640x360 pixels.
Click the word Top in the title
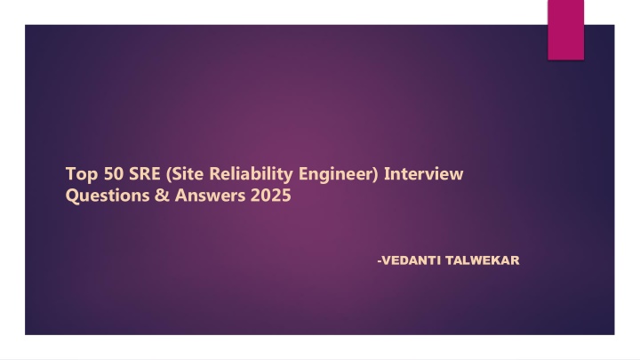(82, 175)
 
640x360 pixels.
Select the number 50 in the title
(114, 174)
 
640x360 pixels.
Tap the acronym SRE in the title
(145, 174)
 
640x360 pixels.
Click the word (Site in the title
(185, 174)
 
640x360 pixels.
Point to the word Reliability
(251, 174)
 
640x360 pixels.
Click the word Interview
(424, 173)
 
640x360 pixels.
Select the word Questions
(108, 196)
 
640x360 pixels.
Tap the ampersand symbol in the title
(162, 196)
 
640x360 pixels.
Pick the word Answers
(210, 196)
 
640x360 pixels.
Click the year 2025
(270, 196)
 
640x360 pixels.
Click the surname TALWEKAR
(483, 260)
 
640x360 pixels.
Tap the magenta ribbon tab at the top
(565, 30)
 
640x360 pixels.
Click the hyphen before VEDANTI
(380, 261)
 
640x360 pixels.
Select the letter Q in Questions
(72, 196)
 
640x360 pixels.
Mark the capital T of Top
(70, 174)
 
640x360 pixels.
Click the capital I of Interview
(387, 174)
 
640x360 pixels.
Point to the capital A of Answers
(181, 196)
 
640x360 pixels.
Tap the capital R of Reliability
(215, 174)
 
